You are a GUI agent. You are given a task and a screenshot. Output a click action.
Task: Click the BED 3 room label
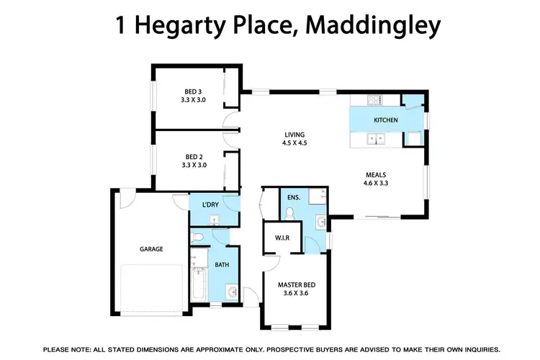pyautogui.click(x=193, y=91)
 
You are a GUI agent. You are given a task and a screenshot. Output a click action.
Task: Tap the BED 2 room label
pyautogui.click(x=193, y=156)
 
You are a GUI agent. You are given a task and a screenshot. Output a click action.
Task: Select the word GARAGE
pyautogui.click(x=151, y=249)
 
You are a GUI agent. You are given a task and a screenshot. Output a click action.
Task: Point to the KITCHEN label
pyautogui.click(x=385, y=120)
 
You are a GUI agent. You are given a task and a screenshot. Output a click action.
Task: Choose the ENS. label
pyautogui.click(x=293, y=196)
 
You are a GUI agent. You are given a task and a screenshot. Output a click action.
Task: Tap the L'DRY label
pyautogui.click(x=210, y=205)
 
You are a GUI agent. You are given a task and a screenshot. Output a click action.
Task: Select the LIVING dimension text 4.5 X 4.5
pyautogui.click(x=294, y=143)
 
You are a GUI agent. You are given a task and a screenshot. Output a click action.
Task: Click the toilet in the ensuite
pyautogui.click(x=289, y=212)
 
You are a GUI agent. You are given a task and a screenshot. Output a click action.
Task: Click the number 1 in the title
pyautogui.click(x=120, y=26)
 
